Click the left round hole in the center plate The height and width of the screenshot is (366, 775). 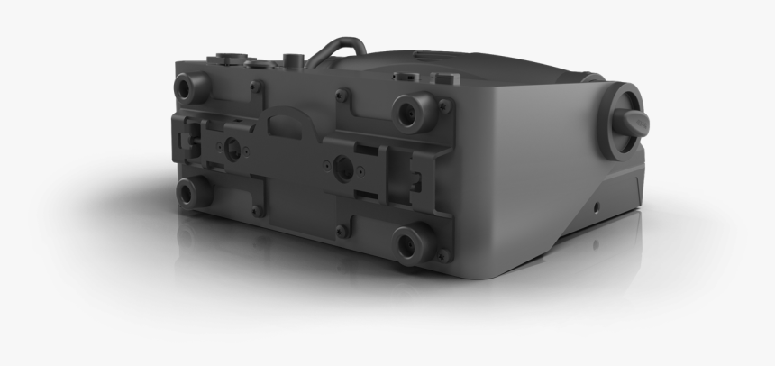(232, 147)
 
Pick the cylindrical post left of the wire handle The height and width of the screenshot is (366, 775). (290, 59)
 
